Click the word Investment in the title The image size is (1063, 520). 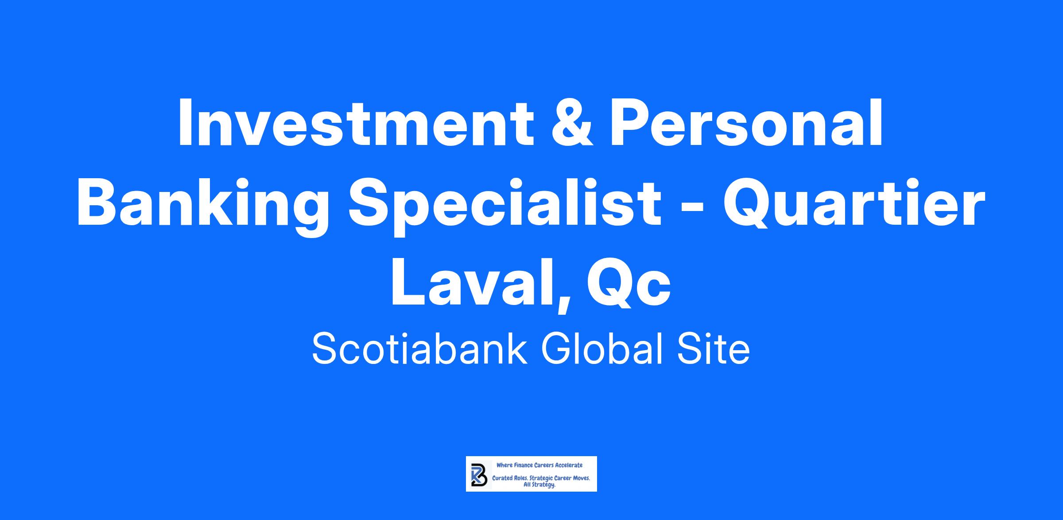(x=356, y=123)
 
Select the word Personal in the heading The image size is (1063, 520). (x=747, y=123)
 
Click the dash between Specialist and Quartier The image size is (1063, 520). (x=693, y=209)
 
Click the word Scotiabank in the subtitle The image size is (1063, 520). (x=419, y=349)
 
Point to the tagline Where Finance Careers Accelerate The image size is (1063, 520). (x=539, y=465)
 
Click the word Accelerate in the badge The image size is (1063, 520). (x=569, y=465)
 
